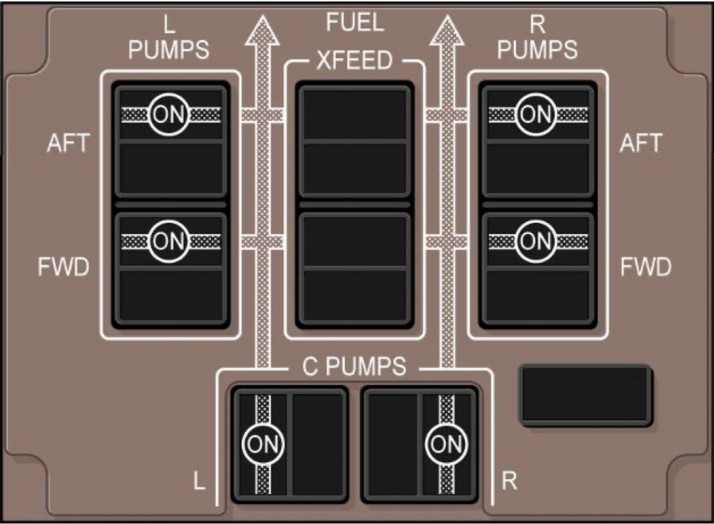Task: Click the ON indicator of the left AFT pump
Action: pyautogui.click(x=168, y=114)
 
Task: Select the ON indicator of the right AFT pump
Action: pyautogui.click(x=536, y=114)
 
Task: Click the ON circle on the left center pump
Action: pyautogui.click(x=262, y=444)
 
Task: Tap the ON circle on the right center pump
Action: pyautogui.click(x=446, y=444)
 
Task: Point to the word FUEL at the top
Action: pyautogui.click(x=354, y=23)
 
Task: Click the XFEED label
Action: pyautogui.click(x=354, y=61)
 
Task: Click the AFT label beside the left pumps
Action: pyautogui.click(x=69, y=143)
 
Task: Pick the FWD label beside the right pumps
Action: pyautogui.click(x=644, y=268)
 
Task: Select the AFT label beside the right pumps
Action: pyautogui.click(x=640, y=143)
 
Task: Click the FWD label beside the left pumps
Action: pyautogui.click(x=64, y=268)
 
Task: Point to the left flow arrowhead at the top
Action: pyautogui.click(x=263, y=32)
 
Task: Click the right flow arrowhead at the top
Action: pyautogui.click(x=446, y=32)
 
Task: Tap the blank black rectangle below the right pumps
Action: pyautogui.click(x=585, y=395)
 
